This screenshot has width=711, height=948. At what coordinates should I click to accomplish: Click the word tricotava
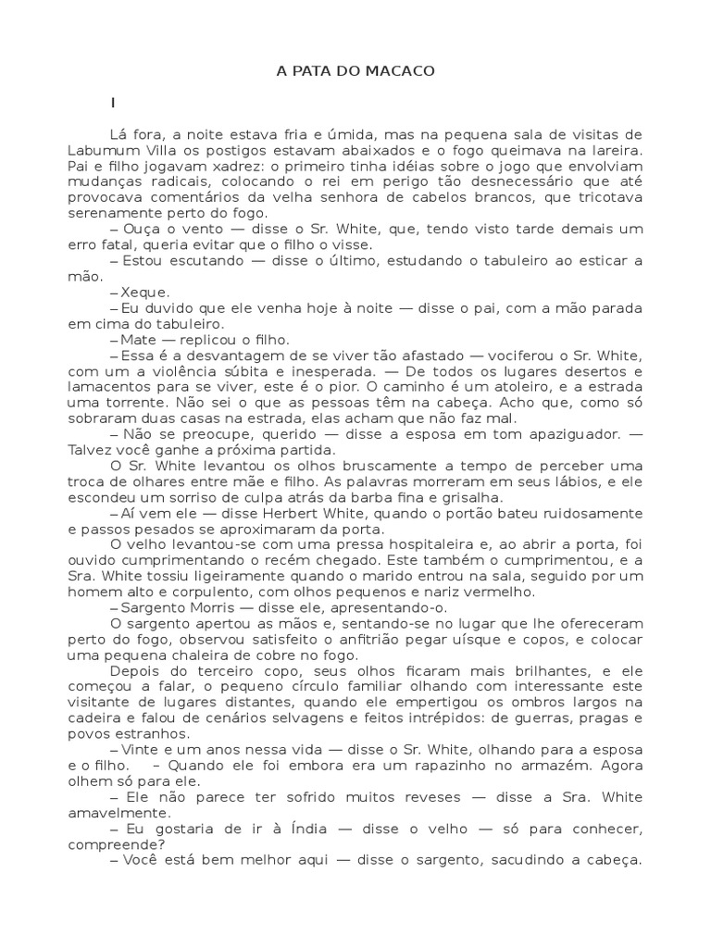point(607,197)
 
